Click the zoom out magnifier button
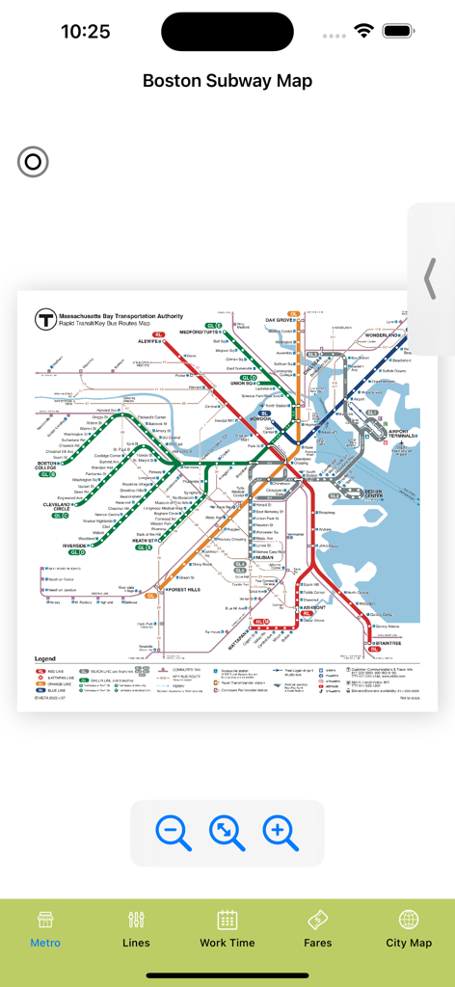point(174,832)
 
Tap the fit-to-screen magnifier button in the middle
point(227,832)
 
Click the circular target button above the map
point(33,162)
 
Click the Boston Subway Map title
point(227,81)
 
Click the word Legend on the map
point(45,658)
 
